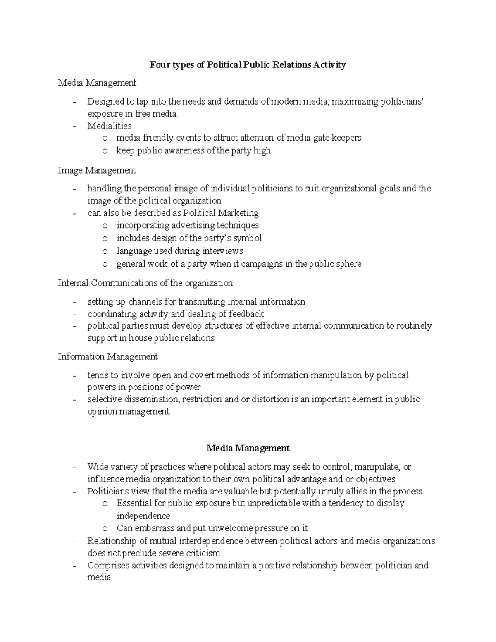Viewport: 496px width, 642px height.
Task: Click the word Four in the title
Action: (x=159, y=65)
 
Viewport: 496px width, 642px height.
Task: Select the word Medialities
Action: (x=110, y=126)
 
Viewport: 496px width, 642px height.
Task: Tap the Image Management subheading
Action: (x=97, y=170)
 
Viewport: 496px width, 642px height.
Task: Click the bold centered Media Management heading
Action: (x=248, y=448)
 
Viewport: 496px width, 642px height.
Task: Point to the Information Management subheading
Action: (x=108, y=356)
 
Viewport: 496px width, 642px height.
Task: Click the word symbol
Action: (x=247, y=239)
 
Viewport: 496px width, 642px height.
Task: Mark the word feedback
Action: (x=246, y=314)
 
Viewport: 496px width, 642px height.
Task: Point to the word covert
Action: (x=203, y=375)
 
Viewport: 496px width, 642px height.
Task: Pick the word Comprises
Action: (x=108, y=566)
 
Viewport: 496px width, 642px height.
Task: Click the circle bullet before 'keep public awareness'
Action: (x=105, y=151)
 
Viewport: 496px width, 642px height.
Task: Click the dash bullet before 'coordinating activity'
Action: (x=74, y=314)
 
